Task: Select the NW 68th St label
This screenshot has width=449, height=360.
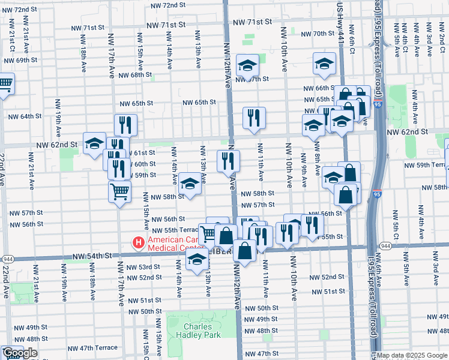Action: [135, 75]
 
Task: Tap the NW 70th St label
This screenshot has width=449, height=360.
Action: [317, 34]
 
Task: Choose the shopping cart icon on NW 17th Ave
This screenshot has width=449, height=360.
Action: [119, 192]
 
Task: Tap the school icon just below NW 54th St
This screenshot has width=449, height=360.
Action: [196, 260]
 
